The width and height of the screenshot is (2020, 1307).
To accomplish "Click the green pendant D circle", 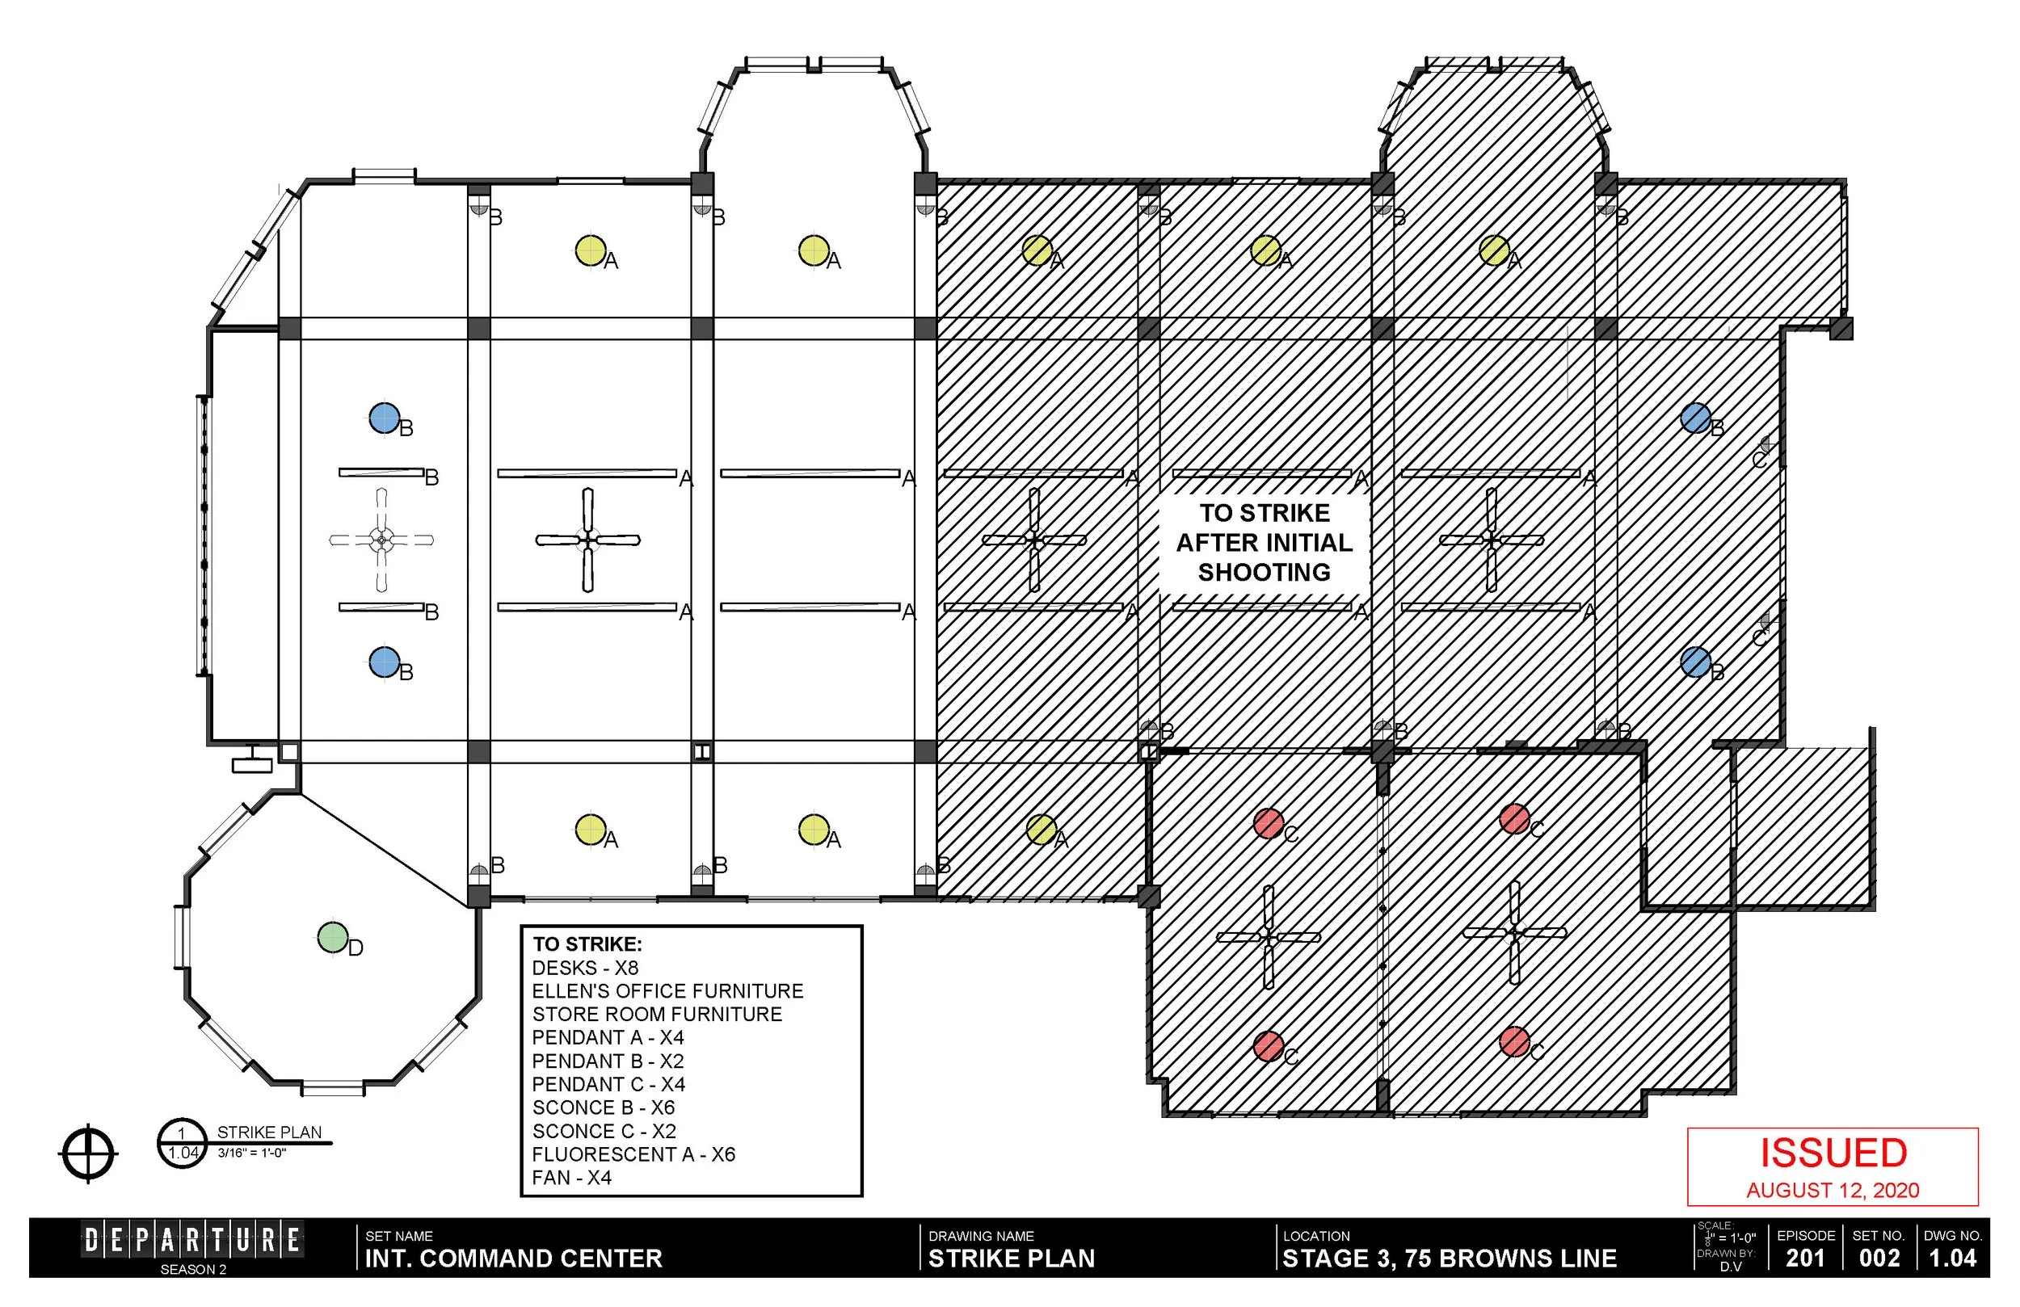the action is coord(333,938).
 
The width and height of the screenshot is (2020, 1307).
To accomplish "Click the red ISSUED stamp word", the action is coord(1833,1153).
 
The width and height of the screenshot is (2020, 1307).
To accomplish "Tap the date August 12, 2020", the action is coord(1833,1190).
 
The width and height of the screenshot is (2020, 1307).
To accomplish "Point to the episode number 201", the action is coord(1805,1257).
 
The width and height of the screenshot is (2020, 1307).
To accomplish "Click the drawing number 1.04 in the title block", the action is coord(1952,1257).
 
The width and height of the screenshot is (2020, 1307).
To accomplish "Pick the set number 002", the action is coord(1879,1257).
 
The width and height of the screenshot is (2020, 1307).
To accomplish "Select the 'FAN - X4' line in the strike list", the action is coord(571,1177).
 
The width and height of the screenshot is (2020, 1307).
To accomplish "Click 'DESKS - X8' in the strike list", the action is coord(585,968).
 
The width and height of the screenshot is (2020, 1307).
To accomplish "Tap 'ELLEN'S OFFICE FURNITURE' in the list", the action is coord(667,990).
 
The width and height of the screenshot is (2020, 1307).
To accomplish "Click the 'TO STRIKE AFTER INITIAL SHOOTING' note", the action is coord(1264,542).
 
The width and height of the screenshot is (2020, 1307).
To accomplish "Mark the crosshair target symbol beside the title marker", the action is coord(88,1154).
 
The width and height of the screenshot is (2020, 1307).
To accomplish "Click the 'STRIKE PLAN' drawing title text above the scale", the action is coord(269,1133).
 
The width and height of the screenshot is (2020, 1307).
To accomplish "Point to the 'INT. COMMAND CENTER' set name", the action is coord(512,1258).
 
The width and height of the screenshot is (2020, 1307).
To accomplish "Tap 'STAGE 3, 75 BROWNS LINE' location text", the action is coord(1449,1258).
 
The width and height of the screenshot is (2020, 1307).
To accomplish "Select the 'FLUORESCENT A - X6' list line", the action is coord(633,1154).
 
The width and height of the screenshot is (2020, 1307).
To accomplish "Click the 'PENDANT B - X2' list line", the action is coord(608,1061).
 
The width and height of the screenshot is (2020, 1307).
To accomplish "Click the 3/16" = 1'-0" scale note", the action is coord(251,1153).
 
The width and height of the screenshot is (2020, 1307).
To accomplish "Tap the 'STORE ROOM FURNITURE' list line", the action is coord(657,1015).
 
